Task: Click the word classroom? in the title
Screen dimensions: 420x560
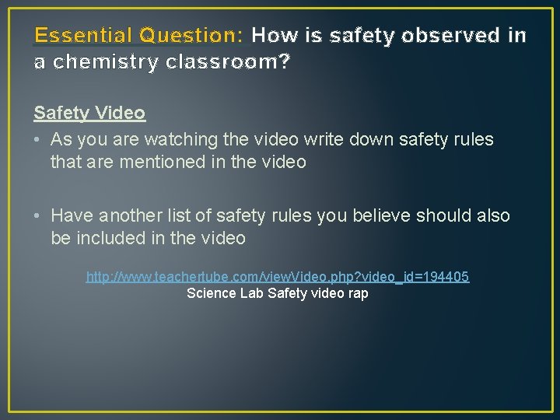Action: point(227,62)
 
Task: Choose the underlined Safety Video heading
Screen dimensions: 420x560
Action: point(89,113)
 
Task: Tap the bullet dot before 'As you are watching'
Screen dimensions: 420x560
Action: point(37,140)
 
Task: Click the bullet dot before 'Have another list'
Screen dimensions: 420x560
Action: point(37,216)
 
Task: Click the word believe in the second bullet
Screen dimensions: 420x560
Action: point(374,216)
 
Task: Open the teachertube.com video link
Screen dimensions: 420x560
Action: point(278,277)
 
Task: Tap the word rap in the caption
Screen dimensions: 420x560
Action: point(359,294)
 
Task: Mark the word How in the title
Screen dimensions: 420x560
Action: point(269,35)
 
